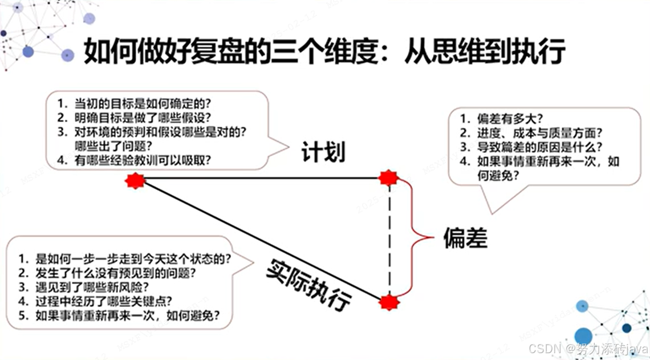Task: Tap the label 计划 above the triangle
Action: (x=324, y=151)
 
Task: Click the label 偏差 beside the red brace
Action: (x=466, y=238)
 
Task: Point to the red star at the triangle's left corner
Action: (x=136, y=181)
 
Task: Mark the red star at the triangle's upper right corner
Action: (x=388, y=177)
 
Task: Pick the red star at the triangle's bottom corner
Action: (x=389, y=302)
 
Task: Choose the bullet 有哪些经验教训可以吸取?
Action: (x=143, y=160)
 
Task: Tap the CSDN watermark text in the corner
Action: (x=588, y=349)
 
